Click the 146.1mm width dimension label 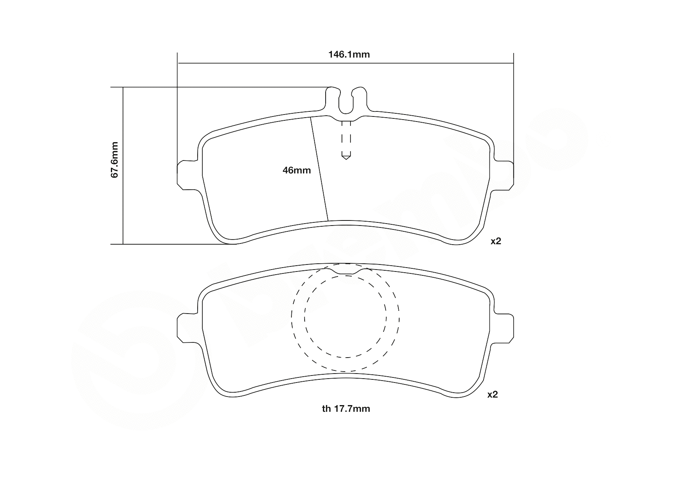tap(349, 55)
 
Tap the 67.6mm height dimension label tap(115, 160)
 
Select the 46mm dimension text tap(296, 170)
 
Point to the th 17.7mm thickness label tap(346, 409)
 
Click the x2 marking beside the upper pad tap(496, 241)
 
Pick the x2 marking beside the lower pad tap(493, 395)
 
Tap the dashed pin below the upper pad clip tap(346, 138)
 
